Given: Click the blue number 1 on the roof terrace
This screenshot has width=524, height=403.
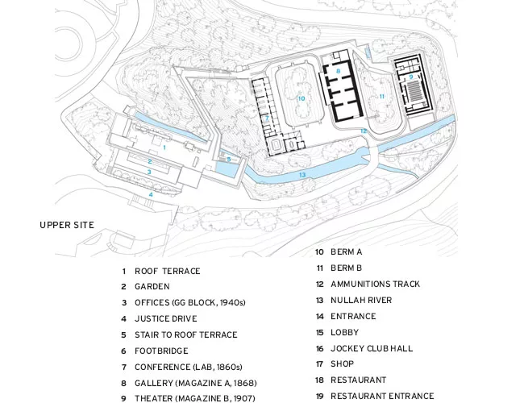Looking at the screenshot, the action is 164,147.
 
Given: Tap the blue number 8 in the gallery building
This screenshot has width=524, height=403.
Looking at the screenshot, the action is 339,71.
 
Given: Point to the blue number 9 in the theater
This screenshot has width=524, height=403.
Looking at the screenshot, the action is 411,77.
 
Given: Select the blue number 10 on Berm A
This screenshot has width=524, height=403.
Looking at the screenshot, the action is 302,98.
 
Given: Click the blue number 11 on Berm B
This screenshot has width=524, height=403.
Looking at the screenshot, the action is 381,97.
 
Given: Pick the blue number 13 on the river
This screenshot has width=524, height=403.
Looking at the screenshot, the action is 302,175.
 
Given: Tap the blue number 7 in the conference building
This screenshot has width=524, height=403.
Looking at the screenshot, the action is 267,118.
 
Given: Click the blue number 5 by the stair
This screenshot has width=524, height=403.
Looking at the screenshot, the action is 229,160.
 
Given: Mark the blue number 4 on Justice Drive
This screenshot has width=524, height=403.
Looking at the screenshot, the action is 151,194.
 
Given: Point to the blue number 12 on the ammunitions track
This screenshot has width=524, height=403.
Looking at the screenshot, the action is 364,131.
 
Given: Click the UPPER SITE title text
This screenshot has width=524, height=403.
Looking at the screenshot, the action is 67,225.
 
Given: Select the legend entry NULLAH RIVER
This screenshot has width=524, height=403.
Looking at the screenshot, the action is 361,300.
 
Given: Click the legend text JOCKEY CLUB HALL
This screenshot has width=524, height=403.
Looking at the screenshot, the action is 372,348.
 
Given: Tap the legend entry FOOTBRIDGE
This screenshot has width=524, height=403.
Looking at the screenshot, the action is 161,351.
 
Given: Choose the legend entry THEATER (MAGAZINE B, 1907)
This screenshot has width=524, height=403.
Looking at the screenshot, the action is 195,398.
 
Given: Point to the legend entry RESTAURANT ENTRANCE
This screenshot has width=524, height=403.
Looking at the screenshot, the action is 382,396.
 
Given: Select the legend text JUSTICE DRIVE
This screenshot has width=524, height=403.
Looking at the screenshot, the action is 166,319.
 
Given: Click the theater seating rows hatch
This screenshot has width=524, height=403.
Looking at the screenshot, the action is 414,92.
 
